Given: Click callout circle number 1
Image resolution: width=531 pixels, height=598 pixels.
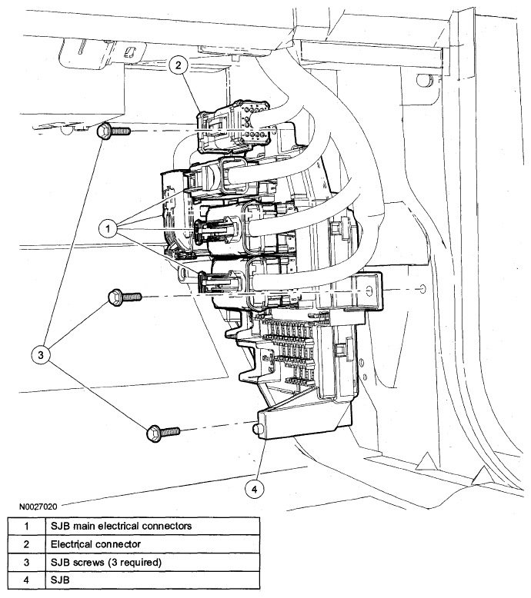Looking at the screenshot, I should point(110,227).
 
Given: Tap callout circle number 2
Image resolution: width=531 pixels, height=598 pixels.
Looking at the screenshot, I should point(178,66).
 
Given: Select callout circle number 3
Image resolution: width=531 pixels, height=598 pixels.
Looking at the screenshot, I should point(42,354).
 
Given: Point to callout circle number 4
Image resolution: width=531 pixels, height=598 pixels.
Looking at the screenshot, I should point(257,487).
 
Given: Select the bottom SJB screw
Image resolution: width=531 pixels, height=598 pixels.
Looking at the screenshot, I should point(161,433).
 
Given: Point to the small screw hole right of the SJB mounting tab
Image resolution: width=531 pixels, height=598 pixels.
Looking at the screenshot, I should point(422,291).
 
